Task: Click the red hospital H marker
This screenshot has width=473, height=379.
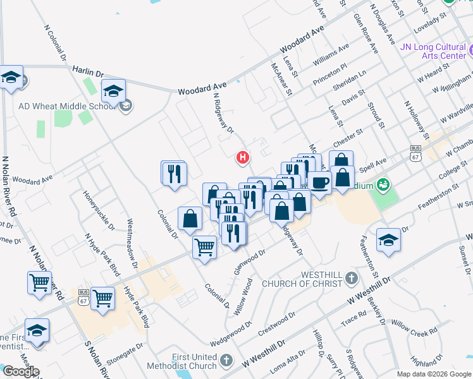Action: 242,157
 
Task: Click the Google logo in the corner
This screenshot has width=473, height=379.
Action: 20,371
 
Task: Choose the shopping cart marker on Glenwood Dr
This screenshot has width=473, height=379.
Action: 204,248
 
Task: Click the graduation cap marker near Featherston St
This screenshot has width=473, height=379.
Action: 388,240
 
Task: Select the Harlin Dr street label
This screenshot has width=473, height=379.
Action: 87,71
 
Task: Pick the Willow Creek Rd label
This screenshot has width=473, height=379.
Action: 414,327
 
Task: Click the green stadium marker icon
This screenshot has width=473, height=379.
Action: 383,185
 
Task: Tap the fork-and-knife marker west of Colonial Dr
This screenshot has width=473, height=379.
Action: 173,173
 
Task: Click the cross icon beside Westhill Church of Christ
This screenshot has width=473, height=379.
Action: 352,278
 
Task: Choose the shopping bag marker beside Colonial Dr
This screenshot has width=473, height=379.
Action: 190,219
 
